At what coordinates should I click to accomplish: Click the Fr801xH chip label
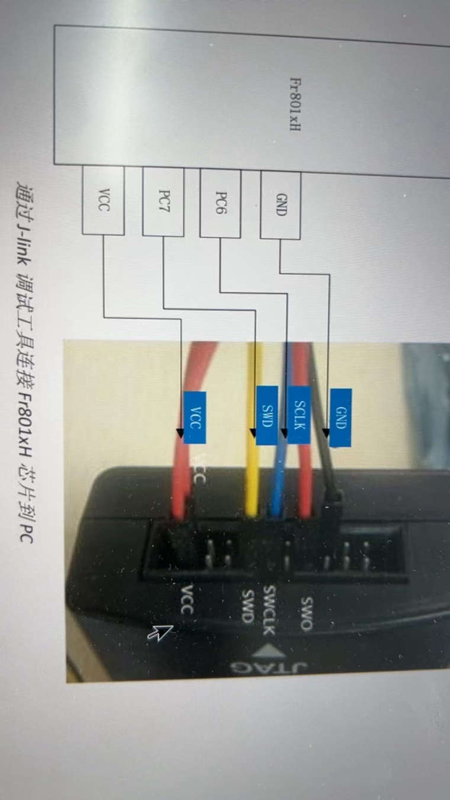click(294, 104)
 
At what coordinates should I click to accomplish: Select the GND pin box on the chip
click(281, 205)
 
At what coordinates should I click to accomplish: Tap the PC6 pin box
click(220, 203)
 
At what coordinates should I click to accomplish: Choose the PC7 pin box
click(163, 201)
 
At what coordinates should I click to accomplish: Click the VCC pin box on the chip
click(103, 200)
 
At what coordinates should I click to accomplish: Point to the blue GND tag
click(340, 417)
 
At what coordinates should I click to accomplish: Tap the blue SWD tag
click(266, 415)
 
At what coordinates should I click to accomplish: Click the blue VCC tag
click(195, 417)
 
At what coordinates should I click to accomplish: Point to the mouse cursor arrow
click(160, 632)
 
